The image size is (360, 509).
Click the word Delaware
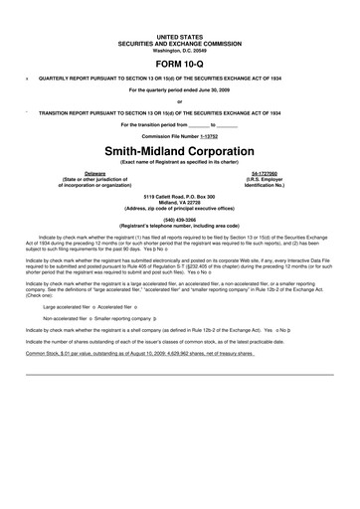click(95, 172)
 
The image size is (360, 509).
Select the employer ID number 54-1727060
click(264, 172)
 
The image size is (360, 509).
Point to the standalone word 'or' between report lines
click(179, 101)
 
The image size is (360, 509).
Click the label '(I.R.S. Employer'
click(264, 178)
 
